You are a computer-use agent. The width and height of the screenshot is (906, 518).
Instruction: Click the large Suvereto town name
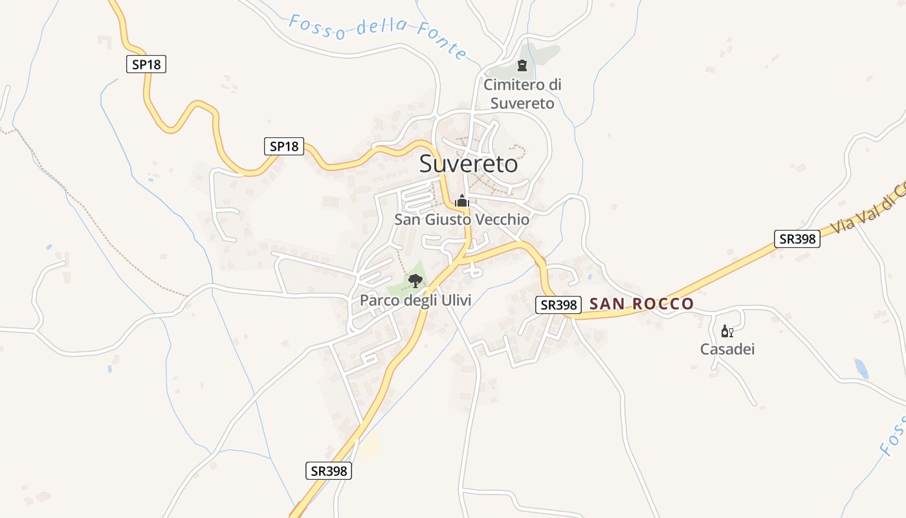tap(469, 164)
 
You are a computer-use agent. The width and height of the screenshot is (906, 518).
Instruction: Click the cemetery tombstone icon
tap(522, 65)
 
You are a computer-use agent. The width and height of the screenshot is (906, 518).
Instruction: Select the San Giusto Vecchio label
tap(462, 220)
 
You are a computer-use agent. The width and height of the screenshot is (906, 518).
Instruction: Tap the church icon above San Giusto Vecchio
tap(461, 201)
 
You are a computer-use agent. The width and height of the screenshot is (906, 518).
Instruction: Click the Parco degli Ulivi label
tap(415, 300)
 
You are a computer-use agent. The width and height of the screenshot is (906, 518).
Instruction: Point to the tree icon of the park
tap(415, 281)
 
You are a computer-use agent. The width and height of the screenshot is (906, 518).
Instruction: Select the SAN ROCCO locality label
tap(641, 304)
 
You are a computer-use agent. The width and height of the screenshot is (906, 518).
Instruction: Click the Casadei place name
tap(727, 350)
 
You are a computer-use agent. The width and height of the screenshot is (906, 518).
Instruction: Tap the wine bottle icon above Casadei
tap(727, 332)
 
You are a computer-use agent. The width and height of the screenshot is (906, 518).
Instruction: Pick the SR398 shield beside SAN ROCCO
tap(558, 305)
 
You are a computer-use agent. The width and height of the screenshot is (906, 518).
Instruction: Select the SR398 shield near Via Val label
tap(797, 239)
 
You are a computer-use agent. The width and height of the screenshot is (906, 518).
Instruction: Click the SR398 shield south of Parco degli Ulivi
tap(329, 471)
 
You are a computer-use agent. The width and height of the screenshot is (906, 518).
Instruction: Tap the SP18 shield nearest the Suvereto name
tap(284, 146)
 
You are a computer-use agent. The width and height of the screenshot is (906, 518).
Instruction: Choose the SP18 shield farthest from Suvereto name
tap(146, 64)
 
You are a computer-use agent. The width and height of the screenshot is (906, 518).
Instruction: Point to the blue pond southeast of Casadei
tap(861, 368)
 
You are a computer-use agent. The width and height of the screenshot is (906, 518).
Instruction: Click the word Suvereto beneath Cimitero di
tap(522, 104)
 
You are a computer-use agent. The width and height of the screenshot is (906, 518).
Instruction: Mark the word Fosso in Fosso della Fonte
tap(317, 27)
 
